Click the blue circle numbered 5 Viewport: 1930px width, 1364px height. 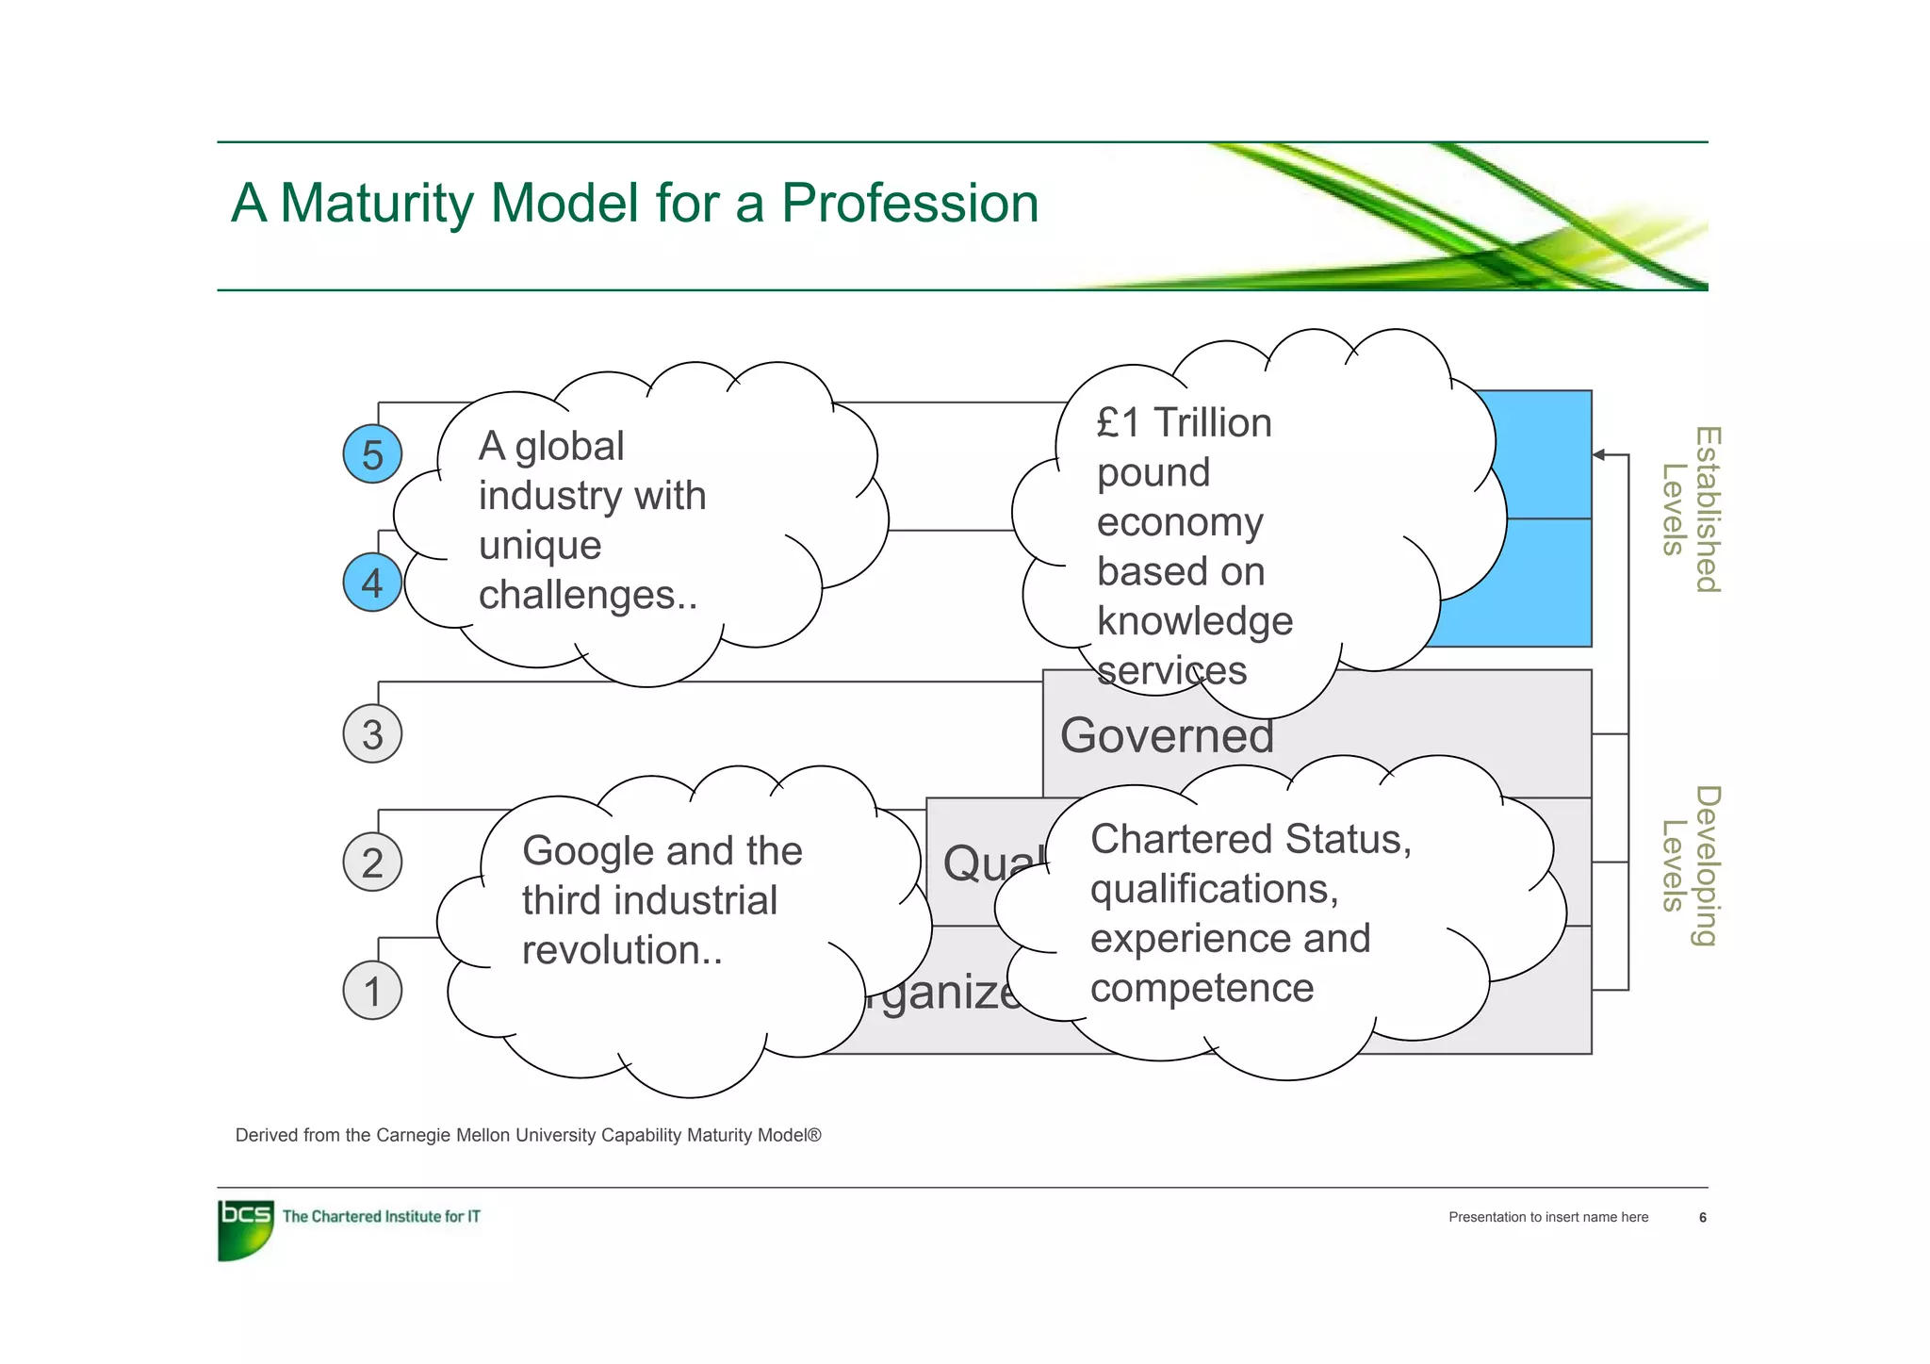(372, 454)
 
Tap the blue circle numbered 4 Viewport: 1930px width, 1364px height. (372, 583)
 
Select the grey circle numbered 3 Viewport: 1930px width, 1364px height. (372, 734)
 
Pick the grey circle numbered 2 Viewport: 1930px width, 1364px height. (372, 863)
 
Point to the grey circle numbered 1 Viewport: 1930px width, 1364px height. (372, 991)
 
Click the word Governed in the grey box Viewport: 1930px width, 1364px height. (1167, 735)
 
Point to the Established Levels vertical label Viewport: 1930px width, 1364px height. (1691, 510)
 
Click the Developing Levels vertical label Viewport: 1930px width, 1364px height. (1691, 865)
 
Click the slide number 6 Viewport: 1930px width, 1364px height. (1702, 1218)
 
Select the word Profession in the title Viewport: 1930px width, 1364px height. (909, 203)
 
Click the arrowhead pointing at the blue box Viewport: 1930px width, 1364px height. (1599, 454)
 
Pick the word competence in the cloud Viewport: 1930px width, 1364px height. (1202, 988)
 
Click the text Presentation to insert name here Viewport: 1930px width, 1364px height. (1547, 1218)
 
